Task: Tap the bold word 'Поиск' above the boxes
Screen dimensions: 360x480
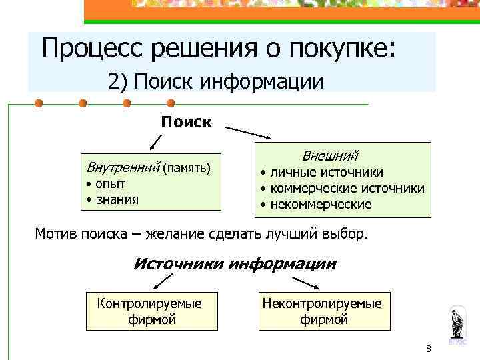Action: [x=186, y=122]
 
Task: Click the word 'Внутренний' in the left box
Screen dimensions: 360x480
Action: [x=119, y=166]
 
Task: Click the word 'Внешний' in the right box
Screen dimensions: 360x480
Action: [x=331, y=156]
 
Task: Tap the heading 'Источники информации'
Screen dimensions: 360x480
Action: [x=235, y=263]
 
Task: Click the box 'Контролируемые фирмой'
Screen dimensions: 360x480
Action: [x=152, y=311]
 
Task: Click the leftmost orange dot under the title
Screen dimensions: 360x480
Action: [x=39, y=103]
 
